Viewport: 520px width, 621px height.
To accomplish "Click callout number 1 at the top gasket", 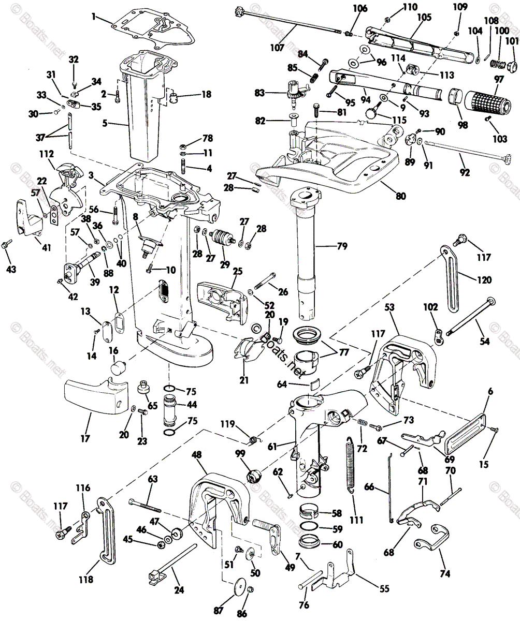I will tap(93, 17).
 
